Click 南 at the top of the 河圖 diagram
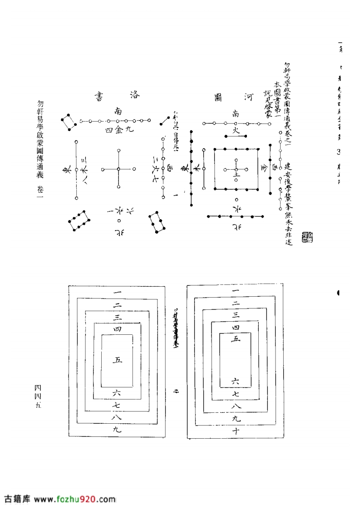click(x=236, y=113)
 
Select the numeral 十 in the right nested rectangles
click(x=236, y=431)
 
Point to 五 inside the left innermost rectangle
click(x=118, y=360)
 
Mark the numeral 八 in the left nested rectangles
click(x=118, y=416)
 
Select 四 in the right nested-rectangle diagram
click(x=235, y=327)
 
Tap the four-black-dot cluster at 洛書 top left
click(x=69, y=121)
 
